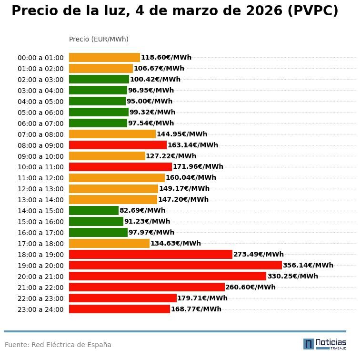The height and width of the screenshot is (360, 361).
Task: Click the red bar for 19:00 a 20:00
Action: [x=175, y=265]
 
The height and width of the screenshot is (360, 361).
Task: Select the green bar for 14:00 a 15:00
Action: [x=94, y=210]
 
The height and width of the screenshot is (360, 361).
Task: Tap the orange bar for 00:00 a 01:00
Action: [x=104, y=57]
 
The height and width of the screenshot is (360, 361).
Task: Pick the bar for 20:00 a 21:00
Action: [x=168, y=276]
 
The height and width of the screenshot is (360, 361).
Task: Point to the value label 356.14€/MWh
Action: [x=308, y=265]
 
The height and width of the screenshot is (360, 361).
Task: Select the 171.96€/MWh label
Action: [x=198, y=167]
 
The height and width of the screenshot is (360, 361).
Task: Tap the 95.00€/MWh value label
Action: [x=150, y=101]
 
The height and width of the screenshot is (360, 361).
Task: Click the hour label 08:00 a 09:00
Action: [x=40, y=145]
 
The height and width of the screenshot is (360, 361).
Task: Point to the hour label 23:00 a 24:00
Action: [x=40, y=309]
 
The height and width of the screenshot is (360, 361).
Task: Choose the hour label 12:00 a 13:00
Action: [x=40, y=189]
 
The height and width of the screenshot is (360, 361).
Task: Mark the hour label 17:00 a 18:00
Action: [x=40, y=244]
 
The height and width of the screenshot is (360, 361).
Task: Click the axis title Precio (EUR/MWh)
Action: [x=99, y=39]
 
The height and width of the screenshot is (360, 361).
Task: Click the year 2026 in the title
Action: [x=264, y=11]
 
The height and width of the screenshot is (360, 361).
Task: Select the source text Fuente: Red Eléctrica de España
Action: [x=58, y=345]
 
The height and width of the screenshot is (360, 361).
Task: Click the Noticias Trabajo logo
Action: [x=325, y=344]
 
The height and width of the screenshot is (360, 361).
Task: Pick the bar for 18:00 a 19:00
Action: [x=150, y=254]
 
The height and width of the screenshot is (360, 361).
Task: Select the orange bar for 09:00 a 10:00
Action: [x=107, y=156]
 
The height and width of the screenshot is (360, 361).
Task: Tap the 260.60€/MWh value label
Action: [x=251, y=287]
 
